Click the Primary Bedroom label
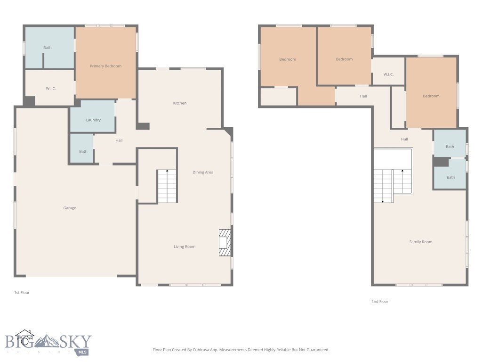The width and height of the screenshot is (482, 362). click(x=105, y=66)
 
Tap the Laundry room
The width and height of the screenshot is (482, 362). click(x=93, y=120)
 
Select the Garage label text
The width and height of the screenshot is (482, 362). click(x=70, y=208)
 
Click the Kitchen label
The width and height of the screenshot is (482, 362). click(x=180, y=103)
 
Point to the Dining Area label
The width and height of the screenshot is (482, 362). click(x=203, y=172)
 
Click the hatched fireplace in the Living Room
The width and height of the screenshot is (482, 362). click(x=225, y=242)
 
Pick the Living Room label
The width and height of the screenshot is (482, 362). click(x=185, y=247)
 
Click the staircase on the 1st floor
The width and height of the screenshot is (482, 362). click(x=167, y=186)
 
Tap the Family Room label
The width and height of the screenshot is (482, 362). click(x=420, y=242)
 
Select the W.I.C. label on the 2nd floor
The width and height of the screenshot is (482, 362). click(x=388, y=74)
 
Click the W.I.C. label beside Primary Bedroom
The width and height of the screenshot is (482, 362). click(x=51, y=89)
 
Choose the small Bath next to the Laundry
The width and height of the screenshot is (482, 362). click(x=83, y=151)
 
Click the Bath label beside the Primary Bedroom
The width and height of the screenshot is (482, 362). click(x=48, y=48)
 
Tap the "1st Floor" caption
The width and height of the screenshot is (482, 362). click(x=22, y=293)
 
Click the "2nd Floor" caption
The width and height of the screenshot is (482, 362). click(x=380, y=301)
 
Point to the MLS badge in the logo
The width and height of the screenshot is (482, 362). click(x=83, y=352)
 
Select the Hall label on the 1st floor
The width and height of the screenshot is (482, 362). click(x=119, y=140)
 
